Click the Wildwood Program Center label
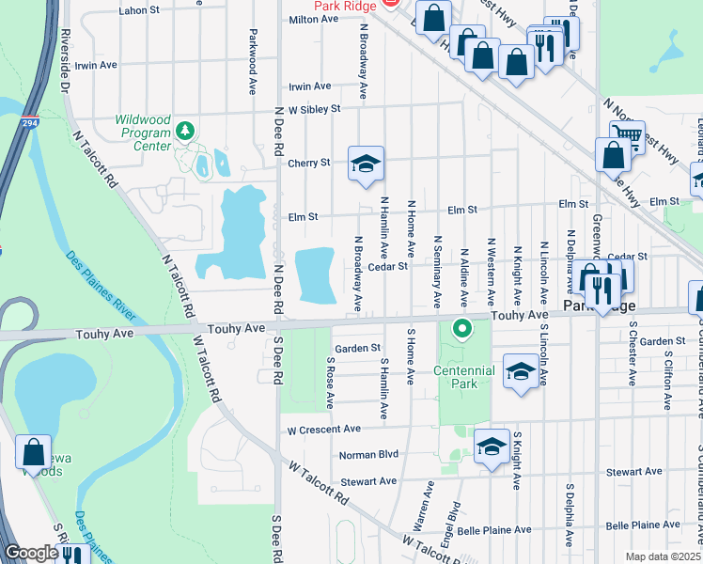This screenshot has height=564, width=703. tap(143, 133)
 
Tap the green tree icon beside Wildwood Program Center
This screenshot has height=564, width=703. tap(186, 129)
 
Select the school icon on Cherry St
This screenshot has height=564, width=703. tap(365, 164)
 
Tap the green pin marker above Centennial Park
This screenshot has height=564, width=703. tap(461, 330)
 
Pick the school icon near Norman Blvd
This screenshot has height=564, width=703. tap(491, 447)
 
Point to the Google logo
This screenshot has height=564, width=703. tap(31, 553)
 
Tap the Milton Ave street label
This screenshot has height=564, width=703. tap(313, 19)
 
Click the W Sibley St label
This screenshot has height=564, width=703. tap(314, 109)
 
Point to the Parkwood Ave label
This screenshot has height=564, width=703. tap(253, 61)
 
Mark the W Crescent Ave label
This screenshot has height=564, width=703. tap(324, 429)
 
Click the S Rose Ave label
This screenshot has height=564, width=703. tap(330, 382)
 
